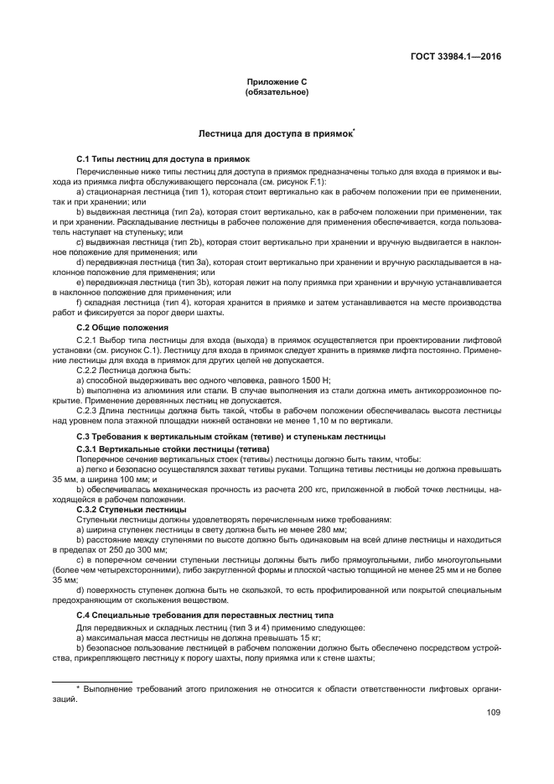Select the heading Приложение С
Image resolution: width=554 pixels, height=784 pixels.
[277, 81]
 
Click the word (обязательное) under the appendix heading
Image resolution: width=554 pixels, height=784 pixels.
[277, 91]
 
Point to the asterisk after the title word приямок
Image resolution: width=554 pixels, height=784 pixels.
[355, 131]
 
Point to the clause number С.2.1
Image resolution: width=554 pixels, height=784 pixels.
[88, 340]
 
